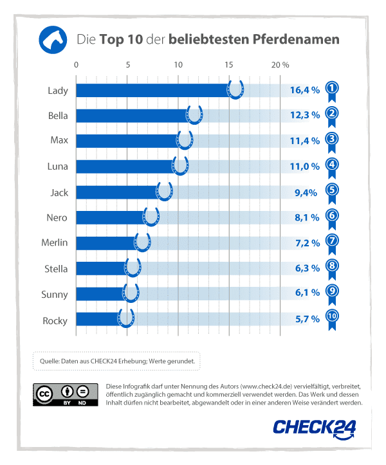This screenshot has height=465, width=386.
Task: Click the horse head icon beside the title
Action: click(x=53, y=40)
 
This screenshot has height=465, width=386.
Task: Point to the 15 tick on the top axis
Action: click(x=229, y=65)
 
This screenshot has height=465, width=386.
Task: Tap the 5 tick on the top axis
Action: click(x=127, y=65)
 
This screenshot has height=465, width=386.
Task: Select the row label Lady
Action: click(x=58, y=90)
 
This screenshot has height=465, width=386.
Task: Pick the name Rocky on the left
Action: click(x=55, y=320)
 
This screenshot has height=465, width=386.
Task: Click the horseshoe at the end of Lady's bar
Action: click(x=236, y=89)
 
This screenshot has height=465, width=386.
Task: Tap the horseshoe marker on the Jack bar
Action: click(x=165, y=191)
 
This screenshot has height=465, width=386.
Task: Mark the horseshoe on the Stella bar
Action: click(x=133, y=268)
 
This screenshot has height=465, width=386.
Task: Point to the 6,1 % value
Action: click(x=307, y=293)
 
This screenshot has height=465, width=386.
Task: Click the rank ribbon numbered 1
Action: click(x=332, y=91)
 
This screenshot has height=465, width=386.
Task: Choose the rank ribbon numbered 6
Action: click(x=332, y=217)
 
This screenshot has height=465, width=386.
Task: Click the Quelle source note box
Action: click(x=117, y=361)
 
